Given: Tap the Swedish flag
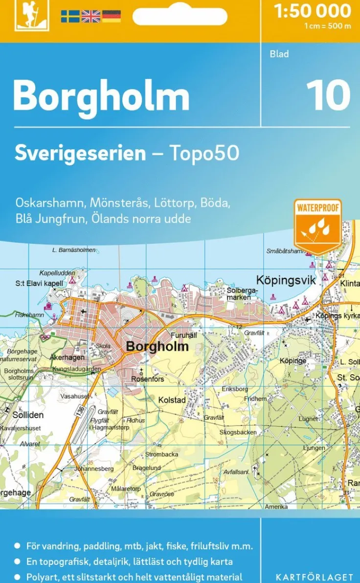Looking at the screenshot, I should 70,16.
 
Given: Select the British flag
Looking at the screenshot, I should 90,16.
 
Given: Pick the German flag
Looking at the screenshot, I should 111,16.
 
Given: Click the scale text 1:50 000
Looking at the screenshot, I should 313,11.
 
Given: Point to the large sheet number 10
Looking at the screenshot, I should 328,95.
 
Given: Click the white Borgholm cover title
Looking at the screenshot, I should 101,96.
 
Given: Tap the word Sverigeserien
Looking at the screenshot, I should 80,153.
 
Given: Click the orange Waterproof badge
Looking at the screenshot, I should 317,225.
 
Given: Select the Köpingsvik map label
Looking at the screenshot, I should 286,280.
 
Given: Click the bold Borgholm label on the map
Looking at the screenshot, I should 157,346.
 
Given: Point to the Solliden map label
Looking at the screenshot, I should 28,415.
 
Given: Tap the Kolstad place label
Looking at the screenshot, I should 172,400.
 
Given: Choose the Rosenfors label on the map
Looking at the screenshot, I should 148,379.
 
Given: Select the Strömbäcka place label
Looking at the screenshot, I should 161,454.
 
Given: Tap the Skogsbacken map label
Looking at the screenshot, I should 238,432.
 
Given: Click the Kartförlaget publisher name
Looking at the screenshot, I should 314,577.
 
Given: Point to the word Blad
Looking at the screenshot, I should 279,54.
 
